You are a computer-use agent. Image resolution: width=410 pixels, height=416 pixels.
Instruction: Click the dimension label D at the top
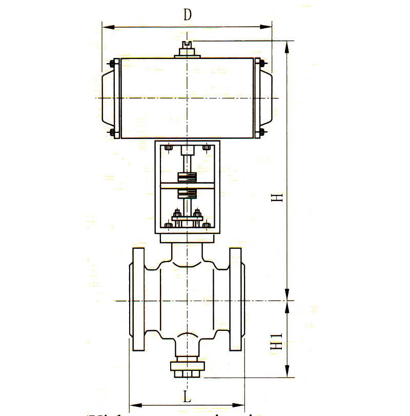coord(188,15)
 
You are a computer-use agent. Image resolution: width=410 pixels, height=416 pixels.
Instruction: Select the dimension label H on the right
coord(277,198)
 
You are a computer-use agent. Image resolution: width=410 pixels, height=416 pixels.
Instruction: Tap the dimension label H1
coord(277,341)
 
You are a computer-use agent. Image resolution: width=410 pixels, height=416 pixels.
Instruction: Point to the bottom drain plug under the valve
coord(188,369)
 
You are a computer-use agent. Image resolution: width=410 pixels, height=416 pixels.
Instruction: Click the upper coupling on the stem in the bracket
coord(188,177)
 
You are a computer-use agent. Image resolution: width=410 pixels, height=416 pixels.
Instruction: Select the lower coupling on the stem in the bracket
coord(188,194)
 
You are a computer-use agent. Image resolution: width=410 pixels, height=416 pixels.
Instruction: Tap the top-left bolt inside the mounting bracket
coord(169,149)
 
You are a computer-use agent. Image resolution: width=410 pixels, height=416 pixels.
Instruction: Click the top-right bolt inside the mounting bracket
coord(207,149)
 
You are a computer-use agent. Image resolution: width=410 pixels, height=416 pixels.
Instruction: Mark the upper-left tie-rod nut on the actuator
coord(111,64)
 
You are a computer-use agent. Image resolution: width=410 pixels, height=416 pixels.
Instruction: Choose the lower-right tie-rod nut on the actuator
coord(262,132)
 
